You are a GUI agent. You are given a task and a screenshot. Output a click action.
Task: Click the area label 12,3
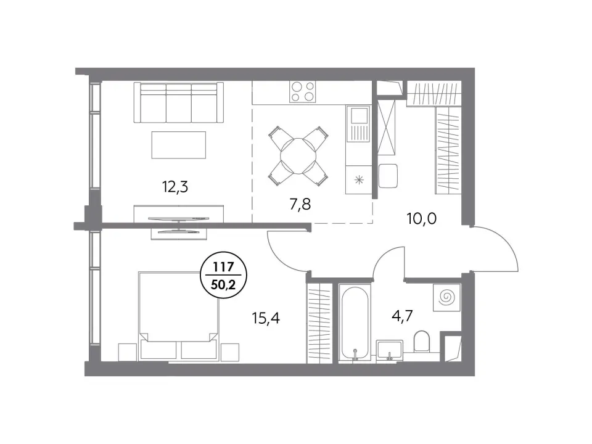coord(175,187)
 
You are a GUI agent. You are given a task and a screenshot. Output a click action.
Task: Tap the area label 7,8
coord(300,204)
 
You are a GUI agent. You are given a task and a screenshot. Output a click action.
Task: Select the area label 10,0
coord(421,218)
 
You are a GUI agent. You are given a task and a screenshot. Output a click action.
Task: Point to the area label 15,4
coord(266,318)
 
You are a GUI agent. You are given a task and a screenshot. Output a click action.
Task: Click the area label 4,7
coord(403,316)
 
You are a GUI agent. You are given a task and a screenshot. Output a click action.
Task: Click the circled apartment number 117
coord(223,267)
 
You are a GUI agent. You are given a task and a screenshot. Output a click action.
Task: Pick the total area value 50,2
coord(223,284)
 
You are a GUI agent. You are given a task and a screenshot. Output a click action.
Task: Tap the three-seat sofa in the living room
coord(179,102)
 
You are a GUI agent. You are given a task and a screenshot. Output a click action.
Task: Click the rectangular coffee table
coord(179,145)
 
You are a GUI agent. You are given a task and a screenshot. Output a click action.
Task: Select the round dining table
coord(298,156)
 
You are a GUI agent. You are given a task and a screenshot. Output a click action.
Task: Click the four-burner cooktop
coord(303,92)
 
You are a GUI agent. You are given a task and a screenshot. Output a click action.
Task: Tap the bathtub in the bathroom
coord(355,322)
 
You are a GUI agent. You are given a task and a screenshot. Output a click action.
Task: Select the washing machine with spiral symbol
coord(446,297)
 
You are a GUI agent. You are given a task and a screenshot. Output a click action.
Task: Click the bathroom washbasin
coord(390,350)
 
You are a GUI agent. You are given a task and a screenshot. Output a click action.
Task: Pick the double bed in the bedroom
coord(178,315)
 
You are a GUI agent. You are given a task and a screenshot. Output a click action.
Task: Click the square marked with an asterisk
coord(359,180)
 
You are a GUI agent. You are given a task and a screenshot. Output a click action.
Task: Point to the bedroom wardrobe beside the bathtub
coord(319,323)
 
